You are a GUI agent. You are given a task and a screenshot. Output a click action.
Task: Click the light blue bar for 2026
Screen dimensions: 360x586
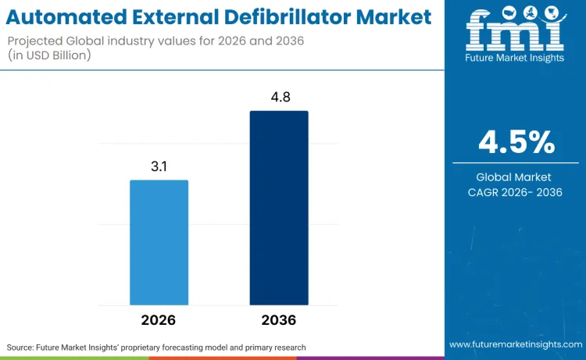coord(159,242)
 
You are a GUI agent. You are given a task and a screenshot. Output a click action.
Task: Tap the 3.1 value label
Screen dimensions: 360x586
coord(159,166)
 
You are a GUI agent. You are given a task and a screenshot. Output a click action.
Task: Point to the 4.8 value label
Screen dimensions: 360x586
coord(279,98)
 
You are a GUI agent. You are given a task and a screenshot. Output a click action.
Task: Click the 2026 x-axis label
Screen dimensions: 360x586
coord(159,320)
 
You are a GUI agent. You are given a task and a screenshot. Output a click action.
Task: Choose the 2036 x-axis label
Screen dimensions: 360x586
coord(279,320)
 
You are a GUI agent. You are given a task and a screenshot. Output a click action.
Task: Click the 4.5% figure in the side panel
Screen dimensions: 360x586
coord(516,143)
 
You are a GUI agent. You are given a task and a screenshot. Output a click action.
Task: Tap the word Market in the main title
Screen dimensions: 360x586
coord(391,16)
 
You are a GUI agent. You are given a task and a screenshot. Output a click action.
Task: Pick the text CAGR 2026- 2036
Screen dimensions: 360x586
coord(516,192)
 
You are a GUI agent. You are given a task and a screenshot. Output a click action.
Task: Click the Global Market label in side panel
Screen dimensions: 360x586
coord(516,177)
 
